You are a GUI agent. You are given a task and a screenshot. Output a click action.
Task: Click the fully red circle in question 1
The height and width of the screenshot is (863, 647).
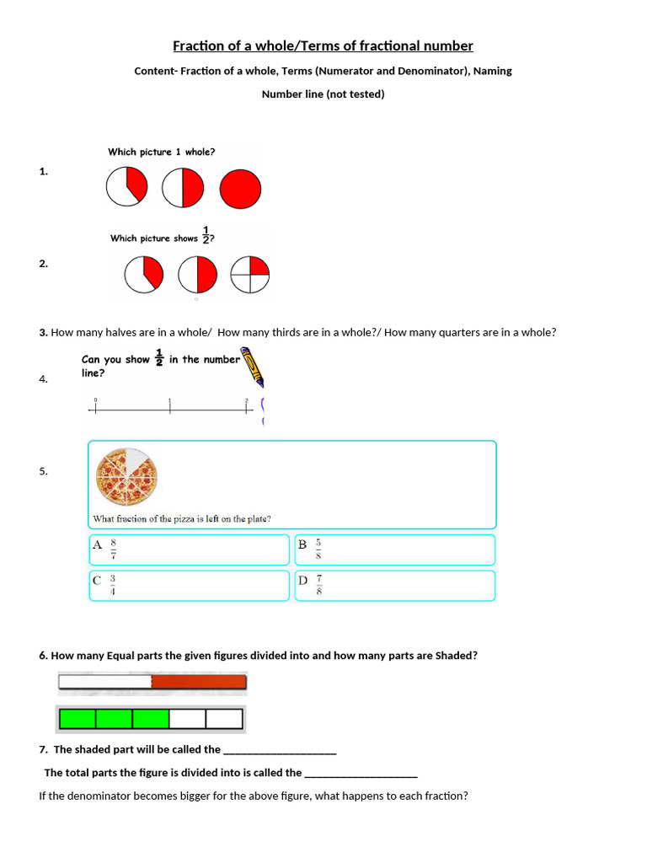click(240, 188)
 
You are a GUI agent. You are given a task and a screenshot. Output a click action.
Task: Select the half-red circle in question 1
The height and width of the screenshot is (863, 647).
click(183, 188)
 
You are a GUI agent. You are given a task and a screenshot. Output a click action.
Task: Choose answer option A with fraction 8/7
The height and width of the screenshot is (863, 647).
click(189, 549)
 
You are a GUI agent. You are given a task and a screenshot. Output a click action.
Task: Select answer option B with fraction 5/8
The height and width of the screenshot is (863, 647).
click(394, 549)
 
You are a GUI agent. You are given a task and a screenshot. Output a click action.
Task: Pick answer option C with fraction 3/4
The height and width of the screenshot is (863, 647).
click(189, 585)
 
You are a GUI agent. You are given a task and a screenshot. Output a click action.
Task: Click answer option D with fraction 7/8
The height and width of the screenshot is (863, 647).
click(394, 585)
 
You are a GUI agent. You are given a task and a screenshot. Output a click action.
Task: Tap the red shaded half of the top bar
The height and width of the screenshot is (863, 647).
click(199, 682)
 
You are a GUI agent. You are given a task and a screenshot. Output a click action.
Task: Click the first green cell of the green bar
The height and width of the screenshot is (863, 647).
click(78, 719)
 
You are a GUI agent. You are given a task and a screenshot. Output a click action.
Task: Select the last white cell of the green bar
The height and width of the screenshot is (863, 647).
click(224, 719)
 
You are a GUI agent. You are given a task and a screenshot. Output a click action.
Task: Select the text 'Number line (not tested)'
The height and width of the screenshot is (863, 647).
click(323, 94)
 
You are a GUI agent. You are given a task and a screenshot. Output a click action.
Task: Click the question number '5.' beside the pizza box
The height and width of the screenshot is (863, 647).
click(43, 471)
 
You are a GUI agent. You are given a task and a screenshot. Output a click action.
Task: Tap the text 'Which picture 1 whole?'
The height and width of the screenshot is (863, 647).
click(161, 152)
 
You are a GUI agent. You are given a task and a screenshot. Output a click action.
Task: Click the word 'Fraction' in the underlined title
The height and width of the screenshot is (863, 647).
click(196, 46)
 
